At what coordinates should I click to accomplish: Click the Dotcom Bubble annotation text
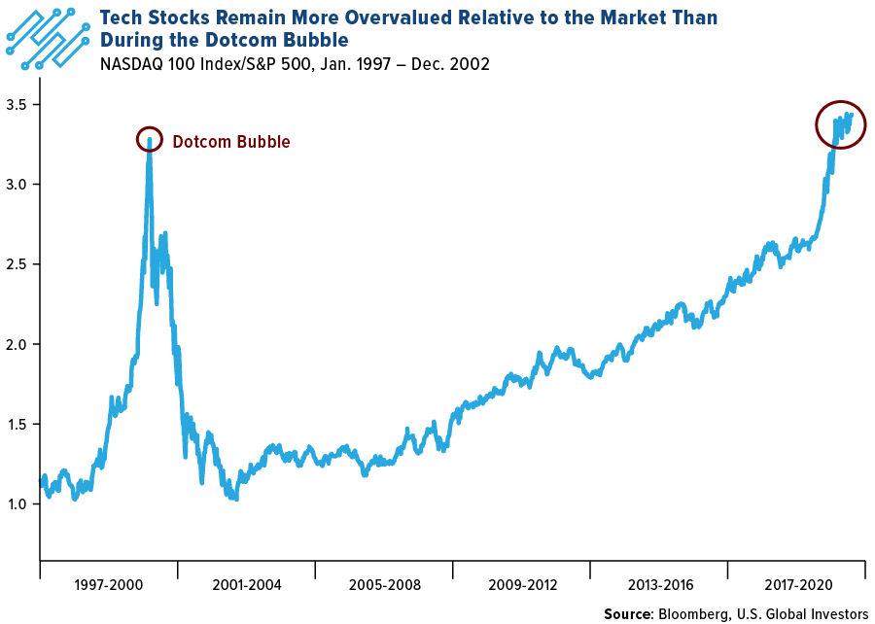[x=231, y=142]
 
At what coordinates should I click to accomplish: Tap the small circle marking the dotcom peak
[x=149, y=138]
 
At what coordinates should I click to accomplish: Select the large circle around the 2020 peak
[x=834, y=124]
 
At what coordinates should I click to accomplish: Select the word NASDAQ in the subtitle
[x=131, y=64]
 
